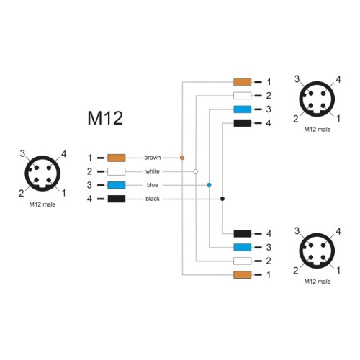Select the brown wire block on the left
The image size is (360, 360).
coord(116,158)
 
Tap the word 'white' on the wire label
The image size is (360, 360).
coord(152,171)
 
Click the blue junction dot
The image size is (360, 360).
coord(209,185)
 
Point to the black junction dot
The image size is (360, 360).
coord(222,199)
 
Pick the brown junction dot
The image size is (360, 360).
coord(182,157)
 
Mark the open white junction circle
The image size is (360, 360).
coord(195,171)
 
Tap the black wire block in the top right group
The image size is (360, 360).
coord(242,123)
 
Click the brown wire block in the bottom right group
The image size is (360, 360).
coord(242,274)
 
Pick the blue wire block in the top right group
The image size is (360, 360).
coord(242,109)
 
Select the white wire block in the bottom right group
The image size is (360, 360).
coord(242,261)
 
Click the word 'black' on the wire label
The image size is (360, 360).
coord(152,199)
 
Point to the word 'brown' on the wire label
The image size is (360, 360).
coord(152,158)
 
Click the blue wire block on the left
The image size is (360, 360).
coord(116,185)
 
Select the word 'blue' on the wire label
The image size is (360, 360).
coord(152,185)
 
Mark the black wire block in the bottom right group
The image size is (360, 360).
coord(242,233)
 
